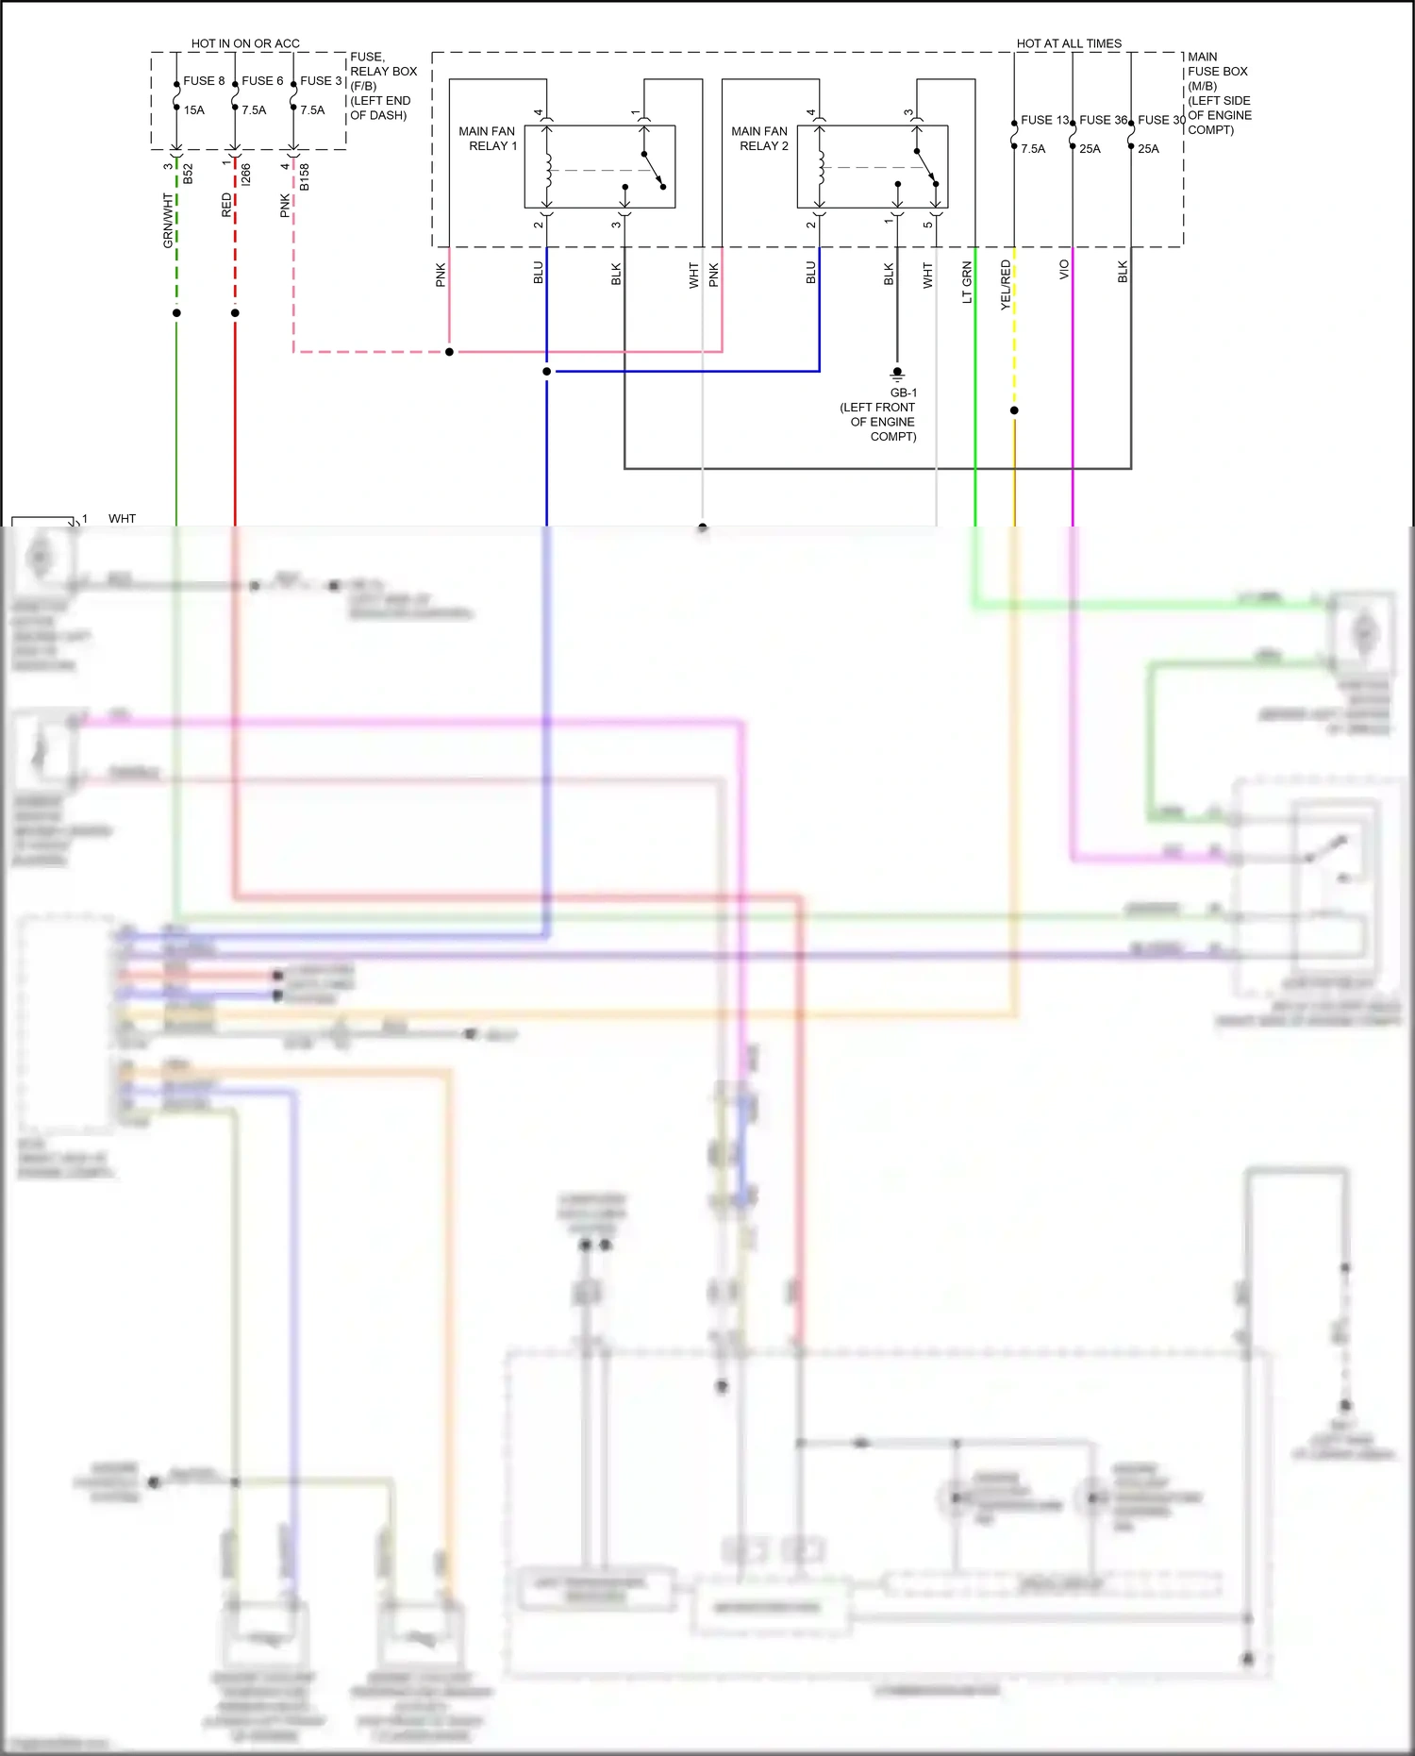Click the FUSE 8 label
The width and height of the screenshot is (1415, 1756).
204,81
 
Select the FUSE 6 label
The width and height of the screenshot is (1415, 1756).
262,81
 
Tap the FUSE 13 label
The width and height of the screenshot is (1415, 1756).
1044,120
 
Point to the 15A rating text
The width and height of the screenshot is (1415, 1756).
194,110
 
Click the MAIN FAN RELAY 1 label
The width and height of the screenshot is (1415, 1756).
488,139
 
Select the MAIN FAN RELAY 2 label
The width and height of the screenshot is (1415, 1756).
759,139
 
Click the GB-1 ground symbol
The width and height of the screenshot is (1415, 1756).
897,374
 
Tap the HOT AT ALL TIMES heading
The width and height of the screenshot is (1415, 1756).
1069,43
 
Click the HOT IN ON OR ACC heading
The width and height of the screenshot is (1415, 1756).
245,43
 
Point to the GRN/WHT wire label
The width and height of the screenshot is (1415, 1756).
168,221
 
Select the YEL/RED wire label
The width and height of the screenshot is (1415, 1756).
1006,285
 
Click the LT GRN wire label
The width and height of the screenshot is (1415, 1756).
967,282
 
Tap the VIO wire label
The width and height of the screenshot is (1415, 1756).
1064,270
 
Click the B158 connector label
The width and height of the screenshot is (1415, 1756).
304,177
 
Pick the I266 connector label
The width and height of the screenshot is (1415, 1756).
245,175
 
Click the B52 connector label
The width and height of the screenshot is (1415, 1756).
188,174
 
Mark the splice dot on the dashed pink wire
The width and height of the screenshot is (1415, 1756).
449,352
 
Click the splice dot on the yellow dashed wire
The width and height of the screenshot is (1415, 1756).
1014,410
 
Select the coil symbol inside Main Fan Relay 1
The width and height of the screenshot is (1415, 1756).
547,168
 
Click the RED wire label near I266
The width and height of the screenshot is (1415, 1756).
226,206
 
